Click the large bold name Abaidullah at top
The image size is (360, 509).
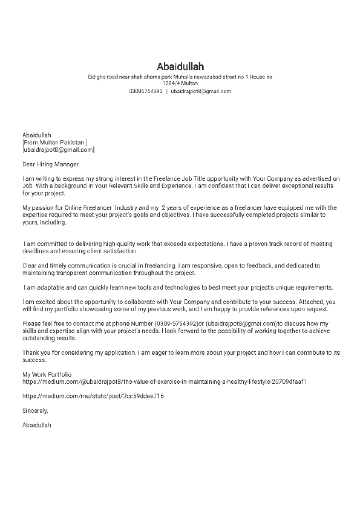pos(180,66)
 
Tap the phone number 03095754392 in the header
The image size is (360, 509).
pos(145,91)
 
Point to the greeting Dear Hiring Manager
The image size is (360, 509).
pos(50,163)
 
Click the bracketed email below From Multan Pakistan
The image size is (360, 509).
pos(58,149)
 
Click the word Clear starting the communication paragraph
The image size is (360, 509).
pos(29,265)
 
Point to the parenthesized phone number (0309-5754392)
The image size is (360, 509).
pos(175,323)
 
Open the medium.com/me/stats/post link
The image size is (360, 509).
pos(93,397)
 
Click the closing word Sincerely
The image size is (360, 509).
pos(35,410)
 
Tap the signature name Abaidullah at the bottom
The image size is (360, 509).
pos(37,426)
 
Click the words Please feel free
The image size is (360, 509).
pos(42,323)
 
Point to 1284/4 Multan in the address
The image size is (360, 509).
pos(180,83)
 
